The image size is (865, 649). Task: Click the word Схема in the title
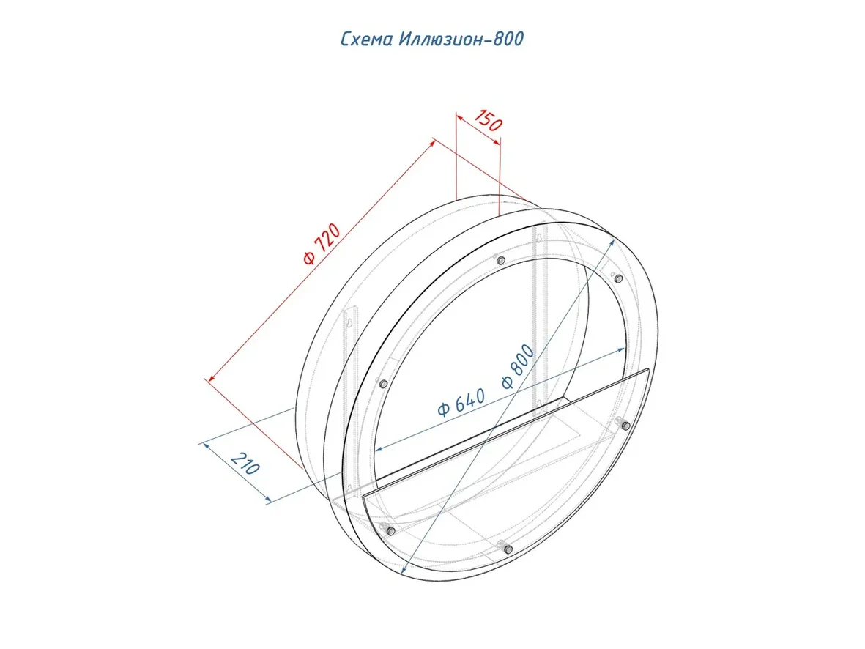[x=367, y=39]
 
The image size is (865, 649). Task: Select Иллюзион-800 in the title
[x=461, y=39]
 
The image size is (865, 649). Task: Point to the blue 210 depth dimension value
[x=245, y=463]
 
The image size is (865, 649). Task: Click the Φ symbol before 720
[x=310, y=259]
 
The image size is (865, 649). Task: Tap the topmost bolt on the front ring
[x=500, y=260]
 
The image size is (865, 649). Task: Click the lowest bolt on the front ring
[x=508, y=549]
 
